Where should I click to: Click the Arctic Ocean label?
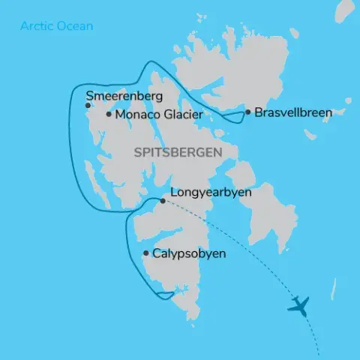click(x=57, y=26)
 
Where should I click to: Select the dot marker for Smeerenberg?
click(x=88, y=106)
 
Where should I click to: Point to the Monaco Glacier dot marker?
click(x=109, y=114)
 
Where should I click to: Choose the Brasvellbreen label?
click(x=293, y=112)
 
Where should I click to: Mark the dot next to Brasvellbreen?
click(x=247, y=112)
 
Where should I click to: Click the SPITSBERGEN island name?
click(x=176, y=152)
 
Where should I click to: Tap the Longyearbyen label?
click(x=211, y=193)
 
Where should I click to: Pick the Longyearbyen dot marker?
click(x=163, y=201)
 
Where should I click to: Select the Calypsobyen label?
click(x=189, y=254)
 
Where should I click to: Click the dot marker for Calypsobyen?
click(x=145, y=254)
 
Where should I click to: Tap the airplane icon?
click(x=298, y=305)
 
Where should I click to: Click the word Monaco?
click(x=135, y=114)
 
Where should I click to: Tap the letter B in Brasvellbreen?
click(x=259, y=112)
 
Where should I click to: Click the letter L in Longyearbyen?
click(x=175, y=193)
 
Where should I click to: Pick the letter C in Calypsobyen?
click(x=157, y=254)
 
